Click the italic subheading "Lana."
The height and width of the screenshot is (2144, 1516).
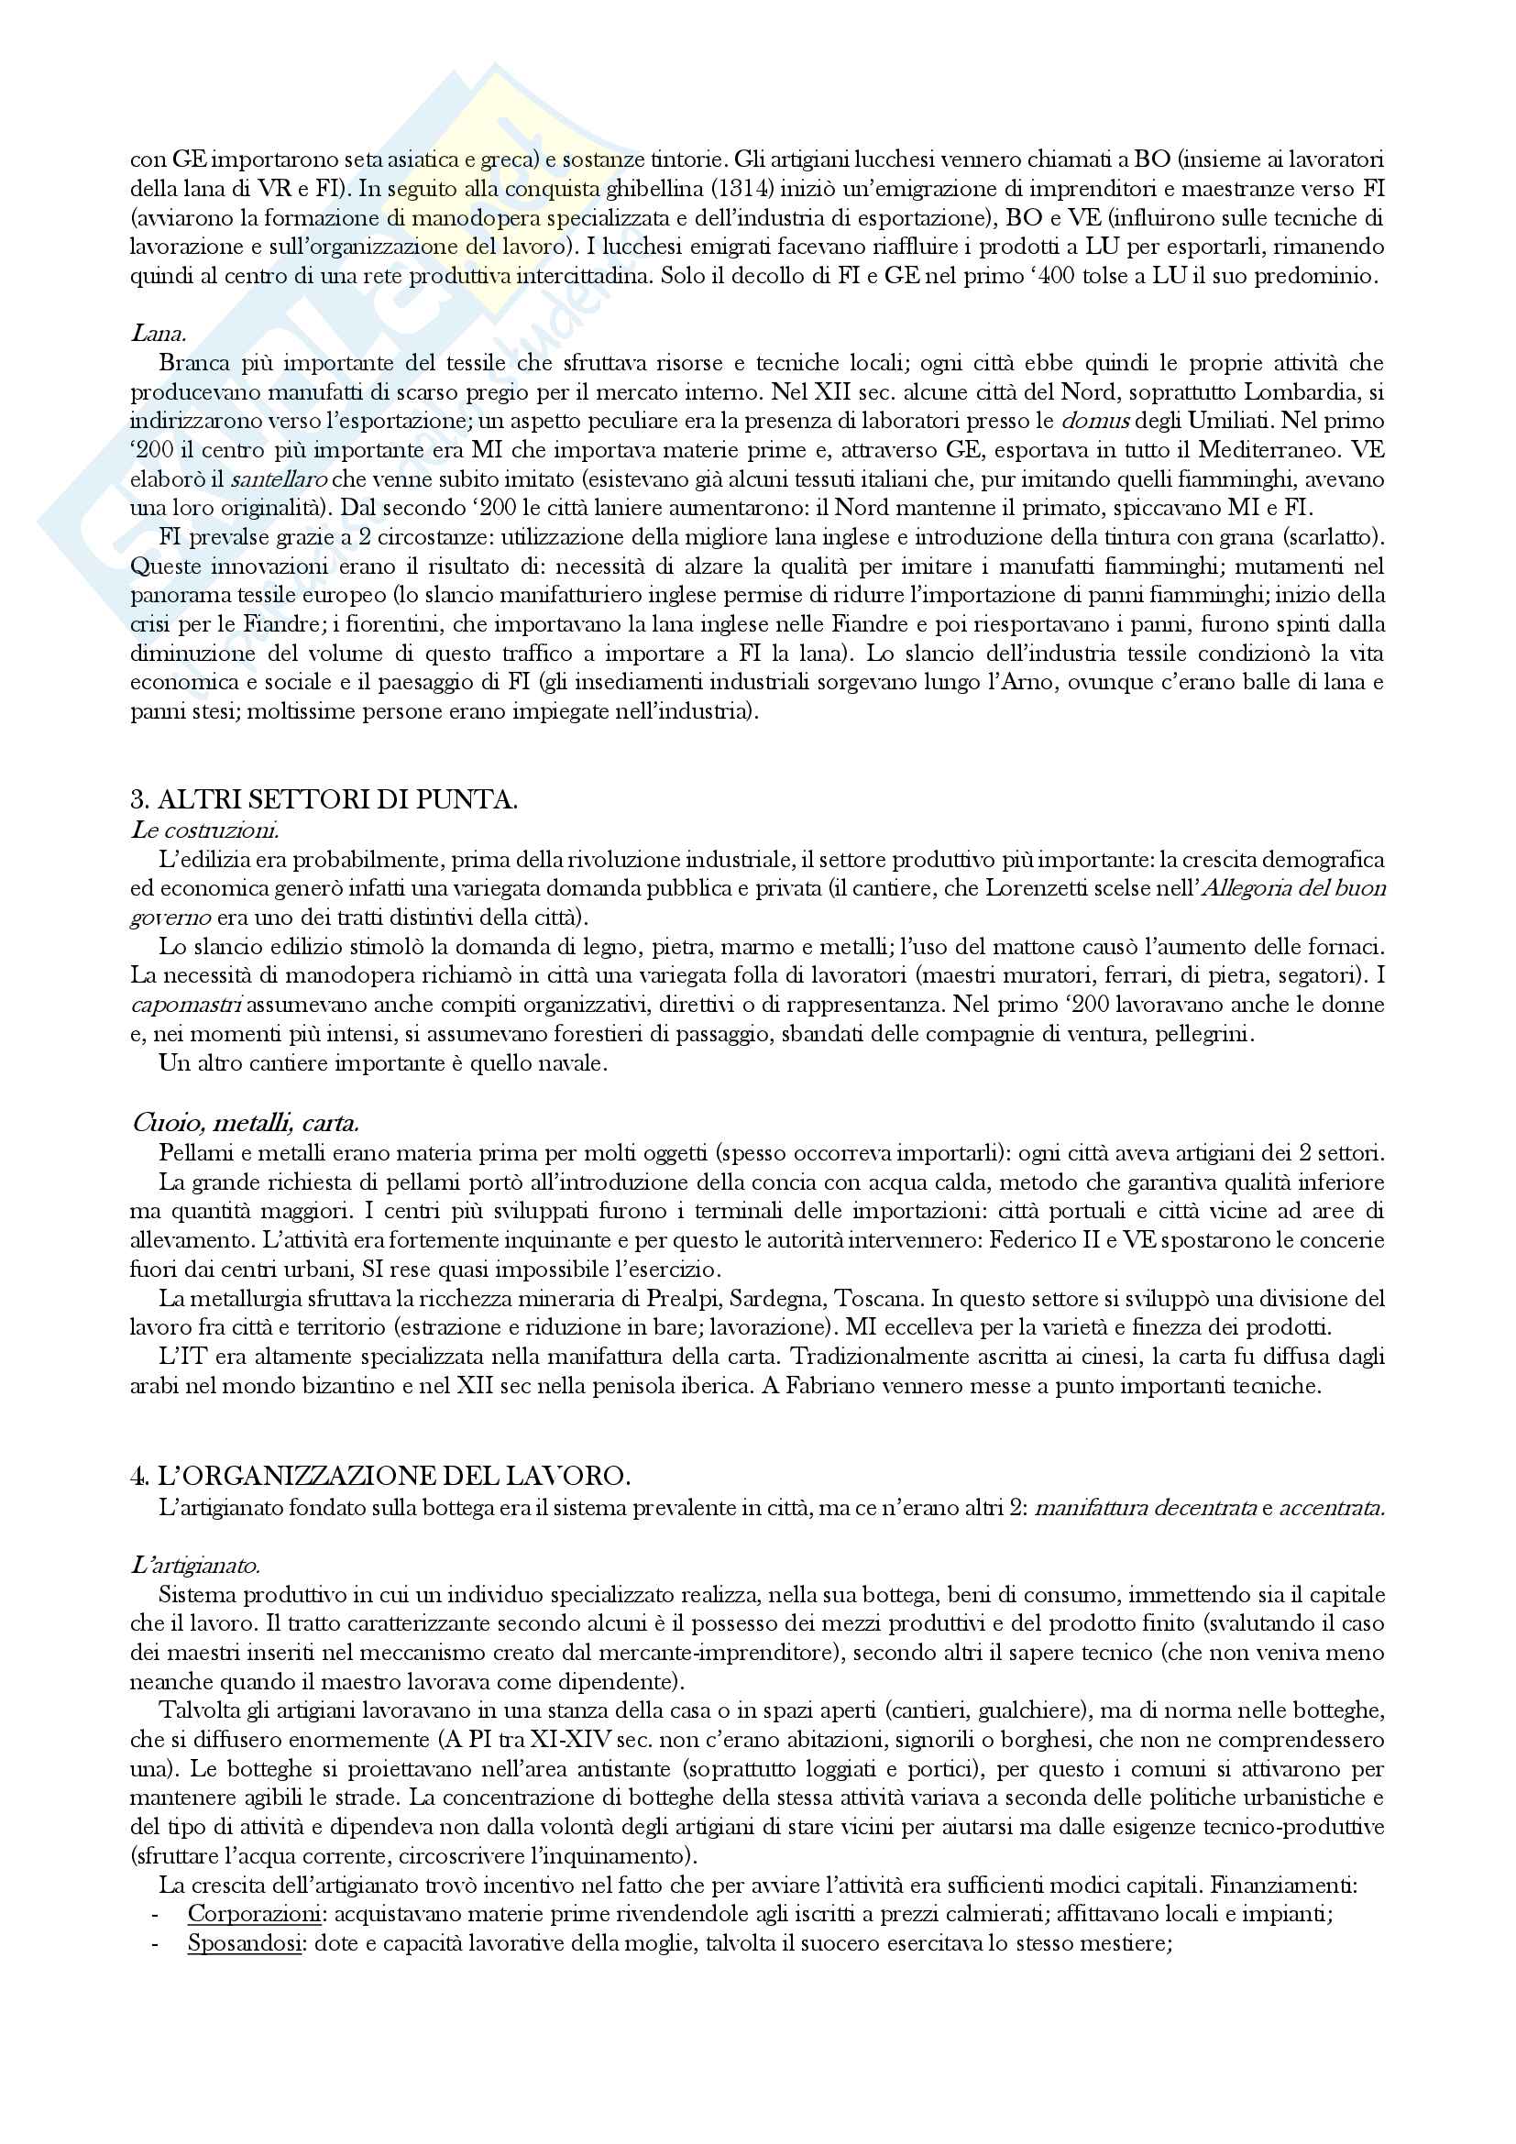click(157, 334)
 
